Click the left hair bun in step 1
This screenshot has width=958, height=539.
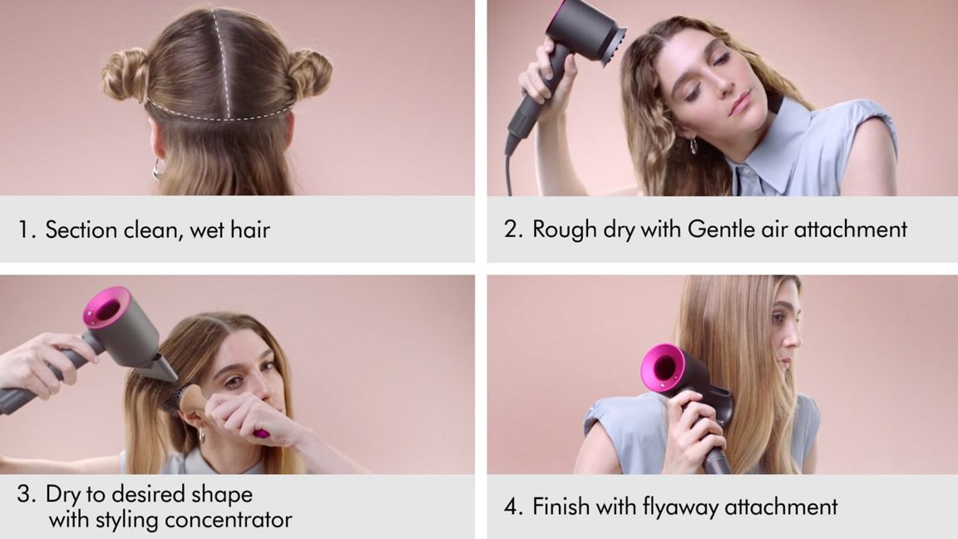pos(126,74)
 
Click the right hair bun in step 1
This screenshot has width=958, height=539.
pos(310,72)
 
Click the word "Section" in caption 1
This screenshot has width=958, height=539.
pos(81,230)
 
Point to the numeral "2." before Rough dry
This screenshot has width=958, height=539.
pos(513,230)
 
